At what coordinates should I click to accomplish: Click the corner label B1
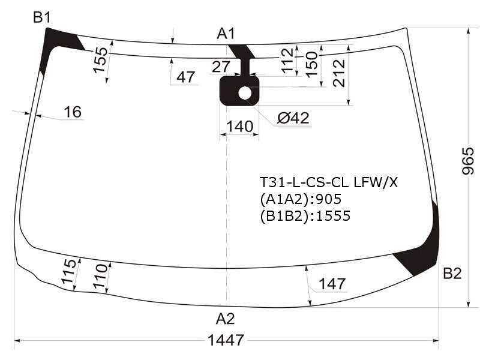click(x=42, y=17)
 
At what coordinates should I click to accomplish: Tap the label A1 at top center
click(x=226, y=34)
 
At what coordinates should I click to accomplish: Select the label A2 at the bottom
click(x=226, y=319)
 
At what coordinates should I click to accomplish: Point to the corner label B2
click(x=452, y=274)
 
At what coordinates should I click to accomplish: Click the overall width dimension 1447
click(x=226, y=340)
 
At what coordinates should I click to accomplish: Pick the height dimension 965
click(x=468, y=161)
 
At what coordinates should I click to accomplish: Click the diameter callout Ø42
click(x=293, y=118)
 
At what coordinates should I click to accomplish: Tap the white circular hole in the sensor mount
click(x=245, y=93)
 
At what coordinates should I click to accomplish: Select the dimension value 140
click(x=239, y=126)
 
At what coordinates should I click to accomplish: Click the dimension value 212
click(x=339, y=73)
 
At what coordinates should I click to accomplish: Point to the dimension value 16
click(x=73, y=112)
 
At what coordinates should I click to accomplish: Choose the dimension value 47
click(x=186, y=77)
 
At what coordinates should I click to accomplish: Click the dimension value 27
click(x=221, y=67)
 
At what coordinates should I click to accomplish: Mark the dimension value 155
click(x=100, y=60)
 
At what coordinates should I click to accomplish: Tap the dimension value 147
click(x=332, y=284)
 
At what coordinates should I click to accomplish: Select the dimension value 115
click(x=68, y=271)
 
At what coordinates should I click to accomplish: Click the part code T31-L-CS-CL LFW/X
click(x=329, y=183)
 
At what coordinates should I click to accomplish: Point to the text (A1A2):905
click(x=301, y=199)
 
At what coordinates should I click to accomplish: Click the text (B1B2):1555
click(x=305, y=216)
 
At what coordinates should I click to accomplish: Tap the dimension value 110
click(x=101, y=276)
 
